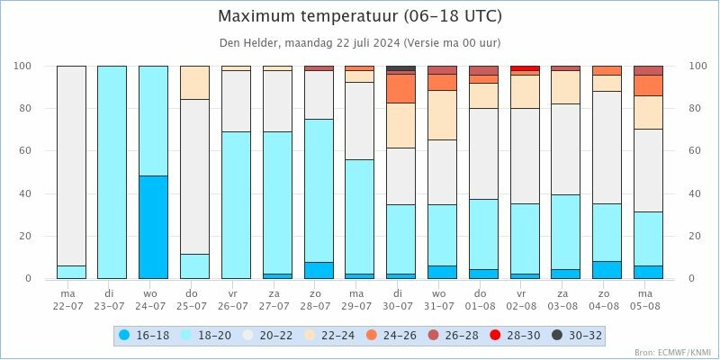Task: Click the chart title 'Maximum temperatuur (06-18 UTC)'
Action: pyautogui.click(x=360, y=16)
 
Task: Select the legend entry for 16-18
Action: pyautogui.click(x=147, y=336)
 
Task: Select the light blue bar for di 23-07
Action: pyautogui.click(x=112, y=172)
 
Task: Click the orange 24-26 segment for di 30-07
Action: pyautogui.click(x=400, y=88)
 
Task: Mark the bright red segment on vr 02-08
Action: pyautogui.click(x=525, y=68)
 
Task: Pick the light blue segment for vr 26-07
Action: pyautogui.click(x=236, y=205)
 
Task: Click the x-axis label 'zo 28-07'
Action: pyautogui.click(x=319, y=299)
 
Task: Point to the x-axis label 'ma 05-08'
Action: pyautogui.click(x=648, y=299)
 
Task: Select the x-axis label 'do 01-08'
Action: pyautogui.click(x=483, y=299)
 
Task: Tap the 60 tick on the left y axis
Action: pyautogui.click(x=23, y=151)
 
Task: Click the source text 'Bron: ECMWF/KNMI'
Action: pyautogui.click(x=672, y=353)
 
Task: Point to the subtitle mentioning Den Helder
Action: pyautogui.click(x=360, y=42)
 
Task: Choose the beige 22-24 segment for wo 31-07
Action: pyautogui.click(x=442, y=115)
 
